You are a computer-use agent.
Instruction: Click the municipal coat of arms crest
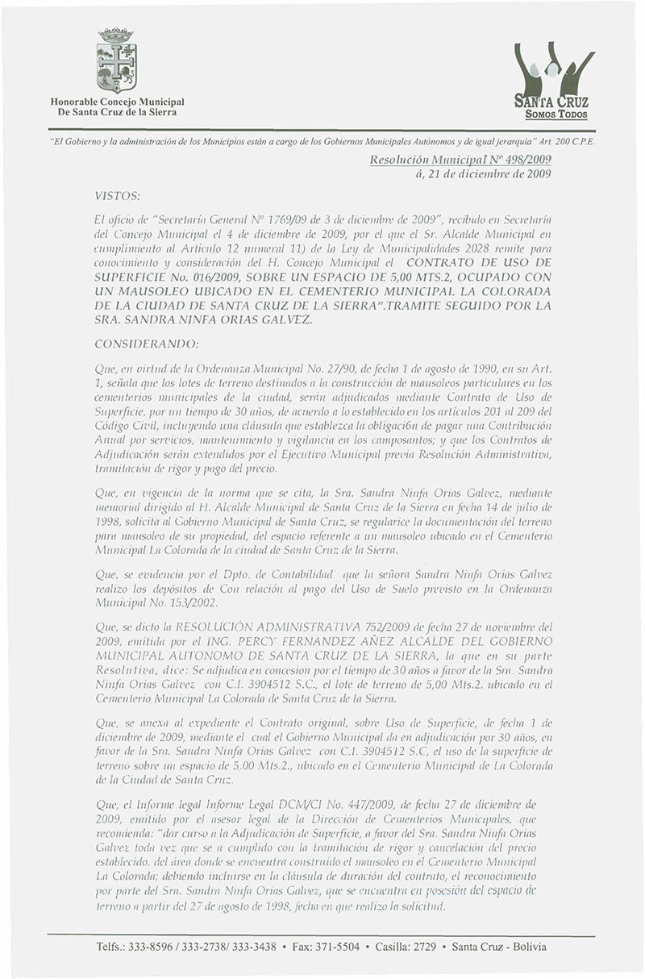pyautogui.click(x=119, y=61)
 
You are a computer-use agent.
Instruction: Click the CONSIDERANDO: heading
pyautogui.click(x=146, y=343)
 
